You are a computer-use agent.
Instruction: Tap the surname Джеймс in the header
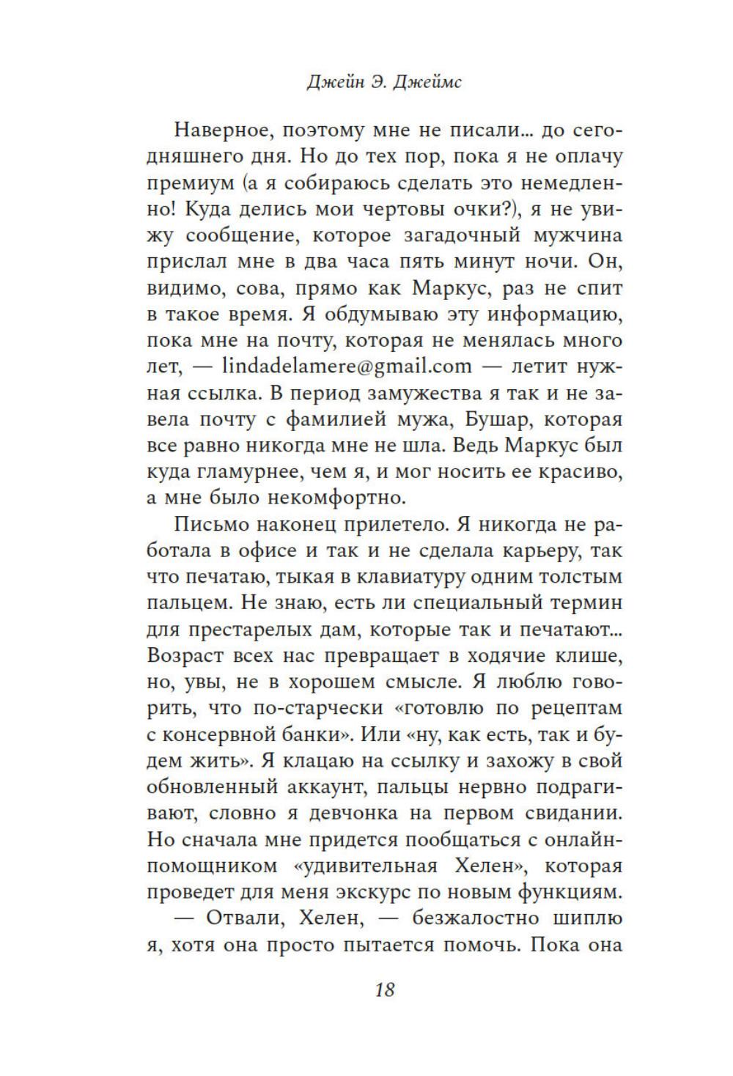427,83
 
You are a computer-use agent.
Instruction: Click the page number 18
384,990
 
